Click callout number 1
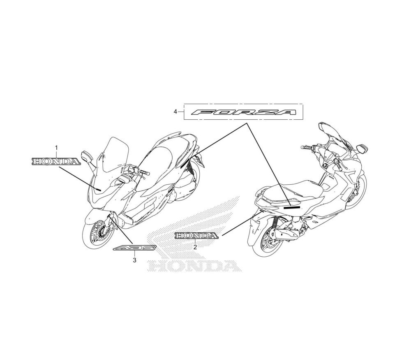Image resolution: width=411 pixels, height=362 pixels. coord(56,147)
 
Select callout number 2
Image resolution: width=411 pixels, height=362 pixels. coord(195,247)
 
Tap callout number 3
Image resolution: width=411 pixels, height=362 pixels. coord(134,260)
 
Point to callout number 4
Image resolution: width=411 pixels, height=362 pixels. coord(175,112)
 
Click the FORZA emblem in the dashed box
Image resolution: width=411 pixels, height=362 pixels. coord(245,112)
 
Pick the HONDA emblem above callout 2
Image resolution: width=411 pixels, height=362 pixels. coord(196,236)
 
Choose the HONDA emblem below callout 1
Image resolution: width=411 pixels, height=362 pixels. coord(56,161)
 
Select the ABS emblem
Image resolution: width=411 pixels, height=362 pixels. coord(135,248)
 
